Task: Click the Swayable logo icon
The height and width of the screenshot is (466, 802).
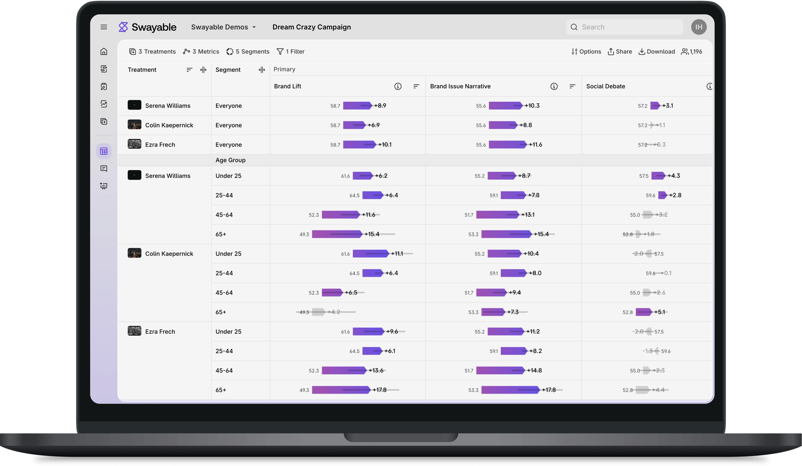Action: (123, 27)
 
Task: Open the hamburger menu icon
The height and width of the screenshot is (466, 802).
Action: (104, 27)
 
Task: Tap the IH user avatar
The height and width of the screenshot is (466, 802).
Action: (699, 27)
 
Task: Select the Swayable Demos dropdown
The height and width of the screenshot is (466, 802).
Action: (223, 27)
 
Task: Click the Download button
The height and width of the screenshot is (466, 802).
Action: (656, 52)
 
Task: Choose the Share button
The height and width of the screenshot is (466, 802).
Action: (620, 52)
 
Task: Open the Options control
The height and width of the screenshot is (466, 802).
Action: (586, 52)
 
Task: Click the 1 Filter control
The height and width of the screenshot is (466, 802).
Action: (291, 52)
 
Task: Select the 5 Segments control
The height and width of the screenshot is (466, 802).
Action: (248, 52)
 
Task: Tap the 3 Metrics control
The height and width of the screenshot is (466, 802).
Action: (201, 52)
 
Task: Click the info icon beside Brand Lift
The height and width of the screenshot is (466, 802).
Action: (398, 86)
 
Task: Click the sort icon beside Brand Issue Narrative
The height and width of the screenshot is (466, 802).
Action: (572, 86)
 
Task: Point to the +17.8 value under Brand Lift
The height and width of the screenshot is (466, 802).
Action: (379, 390)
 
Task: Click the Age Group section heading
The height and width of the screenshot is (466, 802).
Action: (231, 160)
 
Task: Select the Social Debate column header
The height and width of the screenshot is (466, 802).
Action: (606, 86)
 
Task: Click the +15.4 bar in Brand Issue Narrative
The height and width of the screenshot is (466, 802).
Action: (506, 234)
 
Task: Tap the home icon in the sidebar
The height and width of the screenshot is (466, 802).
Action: (104, 52)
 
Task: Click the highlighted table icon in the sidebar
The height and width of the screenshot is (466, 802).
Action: (104, 151)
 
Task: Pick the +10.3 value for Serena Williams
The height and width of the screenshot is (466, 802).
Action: (532, 106)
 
